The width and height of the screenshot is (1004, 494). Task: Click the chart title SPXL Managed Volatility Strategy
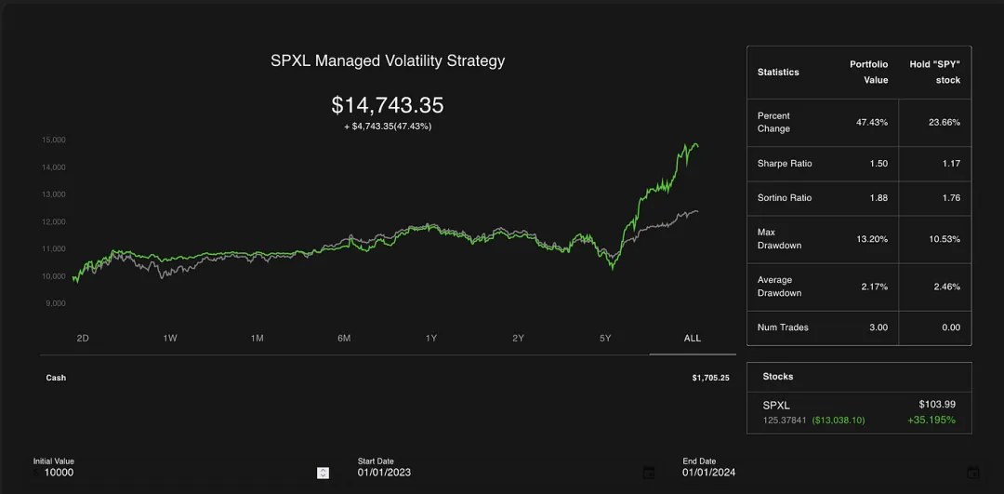[x=388, y=61]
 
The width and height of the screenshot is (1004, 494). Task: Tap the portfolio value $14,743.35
[x=388, y=105]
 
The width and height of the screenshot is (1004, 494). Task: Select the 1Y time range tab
[x=431, y=338]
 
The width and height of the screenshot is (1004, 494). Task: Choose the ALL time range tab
[x=693, y=338]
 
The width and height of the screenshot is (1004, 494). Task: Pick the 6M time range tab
[x=344, y=338]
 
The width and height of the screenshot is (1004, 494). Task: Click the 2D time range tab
[x=83, y=338]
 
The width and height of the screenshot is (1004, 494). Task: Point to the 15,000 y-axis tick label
[x=53, y=140]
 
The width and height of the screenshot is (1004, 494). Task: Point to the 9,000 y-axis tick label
[x=55, y=303]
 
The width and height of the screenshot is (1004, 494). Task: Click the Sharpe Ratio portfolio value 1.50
[x=878, y=164]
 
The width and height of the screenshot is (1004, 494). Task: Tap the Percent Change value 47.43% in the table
[x=872, y=122]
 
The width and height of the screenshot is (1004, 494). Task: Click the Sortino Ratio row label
[x=785, y=198]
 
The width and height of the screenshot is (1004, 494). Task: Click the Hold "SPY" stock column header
[x=934, y=72]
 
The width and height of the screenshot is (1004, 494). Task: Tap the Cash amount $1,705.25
[x=710, y=378]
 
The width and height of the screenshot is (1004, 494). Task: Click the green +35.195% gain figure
[x=931, y=421]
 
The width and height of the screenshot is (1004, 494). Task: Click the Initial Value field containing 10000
[x=177, y=473]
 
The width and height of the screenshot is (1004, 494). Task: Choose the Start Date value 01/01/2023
[x=384, y=473]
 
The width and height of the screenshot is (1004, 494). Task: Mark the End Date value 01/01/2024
[x=708, y=473]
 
